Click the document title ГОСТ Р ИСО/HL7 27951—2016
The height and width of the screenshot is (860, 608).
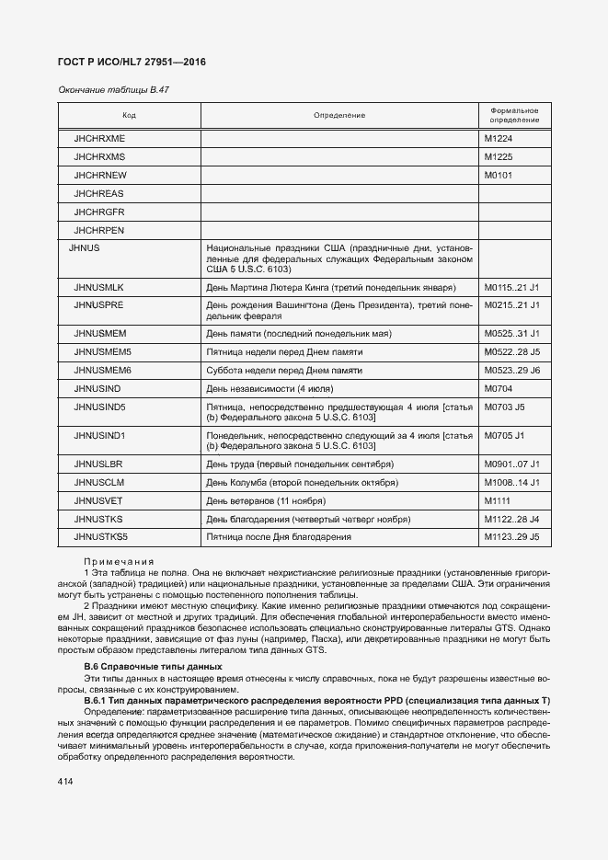point(132,62)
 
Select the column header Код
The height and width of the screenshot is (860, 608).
point(130,115)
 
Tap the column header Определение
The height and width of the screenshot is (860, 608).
point(339,115)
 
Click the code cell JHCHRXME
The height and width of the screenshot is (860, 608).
point(99,138)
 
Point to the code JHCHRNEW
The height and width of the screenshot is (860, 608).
point(100,175)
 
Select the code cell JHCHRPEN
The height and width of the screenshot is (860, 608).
point(99,230)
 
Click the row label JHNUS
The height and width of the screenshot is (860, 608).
point(84,248)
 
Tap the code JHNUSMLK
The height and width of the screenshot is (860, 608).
point(99,288)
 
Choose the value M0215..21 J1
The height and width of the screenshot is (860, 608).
point(511,304)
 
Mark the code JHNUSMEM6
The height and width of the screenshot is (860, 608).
point(103,370)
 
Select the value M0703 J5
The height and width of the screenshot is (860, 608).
point(504,406)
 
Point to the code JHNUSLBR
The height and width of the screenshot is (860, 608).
point(98,464)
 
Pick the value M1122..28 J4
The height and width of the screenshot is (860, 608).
point(511,519)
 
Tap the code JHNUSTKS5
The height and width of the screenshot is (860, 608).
point(101,537)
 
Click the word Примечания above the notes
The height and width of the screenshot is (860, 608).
point(119,561)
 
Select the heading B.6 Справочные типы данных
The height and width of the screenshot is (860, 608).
point(152,665)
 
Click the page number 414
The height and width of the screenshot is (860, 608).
point(67,781)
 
